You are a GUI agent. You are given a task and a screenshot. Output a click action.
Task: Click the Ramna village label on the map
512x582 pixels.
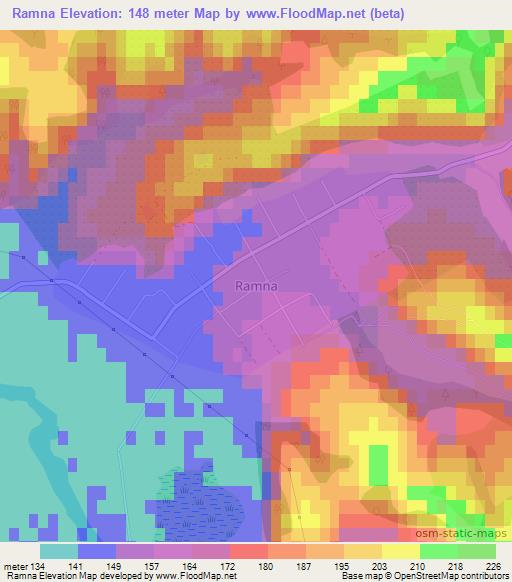255,285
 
